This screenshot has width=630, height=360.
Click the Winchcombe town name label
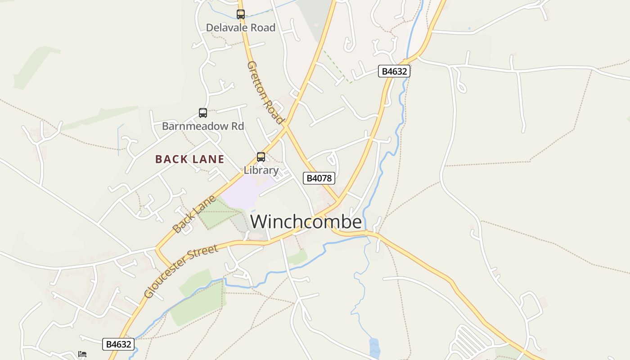pyautogui.click(x=306, y=222)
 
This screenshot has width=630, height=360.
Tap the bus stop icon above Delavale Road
pyautogui.click(x=241, y=14)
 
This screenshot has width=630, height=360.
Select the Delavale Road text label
pyautogui.click(x=240, y=27)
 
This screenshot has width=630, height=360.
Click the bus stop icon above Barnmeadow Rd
pyautogui.click(x=203, y=113)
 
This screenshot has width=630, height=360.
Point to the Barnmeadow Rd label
pyautogui.click(x=203, y=126)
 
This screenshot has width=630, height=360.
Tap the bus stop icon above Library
pyautogui.click(x=261, y=157)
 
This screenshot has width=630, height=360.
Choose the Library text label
pyautogui.click(x=261, y=170)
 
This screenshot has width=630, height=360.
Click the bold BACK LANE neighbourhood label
pyautogui.click(x=189, y=159)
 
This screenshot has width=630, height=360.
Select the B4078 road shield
pyautogui.click(x=319, y=178)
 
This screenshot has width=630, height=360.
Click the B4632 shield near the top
pyautogui.click(x=394, y=71)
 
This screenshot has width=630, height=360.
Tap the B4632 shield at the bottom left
pyautogui.click(x=118, y=344)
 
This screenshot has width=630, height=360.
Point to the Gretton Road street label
pyautogui.click(x=265, y=93)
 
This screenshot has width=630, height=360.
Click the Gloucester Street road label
pyautogui.click(x=181, y=271)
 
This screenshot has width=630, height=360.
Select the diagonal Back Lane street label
pyautogui.click(x=194, y=214)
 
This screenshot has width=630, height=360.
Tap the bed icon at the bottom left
pyautogui.click(x=82, y=354)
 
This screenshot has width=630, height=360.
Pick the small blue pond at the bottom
pyautogui.click(x=374, y=348)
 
